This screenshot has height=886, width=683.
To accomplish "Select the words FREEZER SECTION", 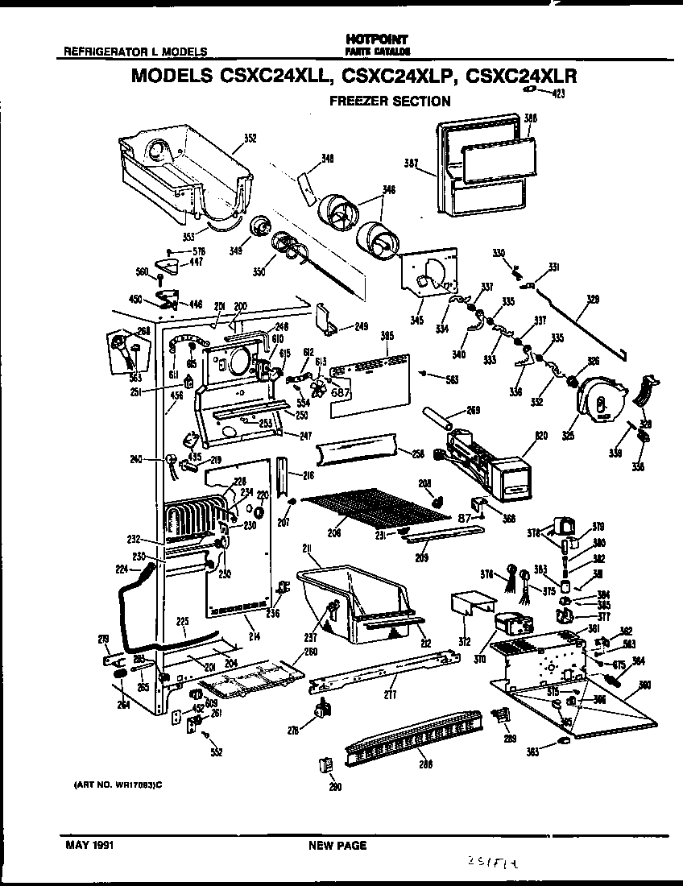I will [x=390, y=101].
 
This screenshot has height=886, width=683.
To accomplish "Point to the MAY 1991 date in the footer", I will [x=89, y=846].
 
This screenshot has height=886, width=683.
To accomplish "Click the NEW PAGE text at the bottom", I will [x=337, y=846].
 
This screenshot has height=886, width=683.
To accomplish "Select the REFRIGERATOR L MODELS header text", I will [x=135, y=52].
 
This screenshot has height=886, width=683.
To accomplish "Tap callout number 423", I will [x=558, y=94].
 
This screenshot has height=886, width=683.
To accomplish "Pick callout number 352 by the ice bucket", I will [x=250, y=138].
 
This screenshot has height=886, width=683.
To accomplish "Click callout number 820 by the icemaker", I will [x=540, y=436].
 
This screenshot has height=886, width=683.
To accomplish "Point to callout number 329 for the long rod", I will [x=593, y=299].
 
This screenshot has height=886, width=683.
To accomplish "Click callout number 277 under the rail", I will [x=391, y=694].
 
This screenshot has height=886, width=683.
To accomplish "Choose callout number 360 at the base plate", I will [x=644, y=686].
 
